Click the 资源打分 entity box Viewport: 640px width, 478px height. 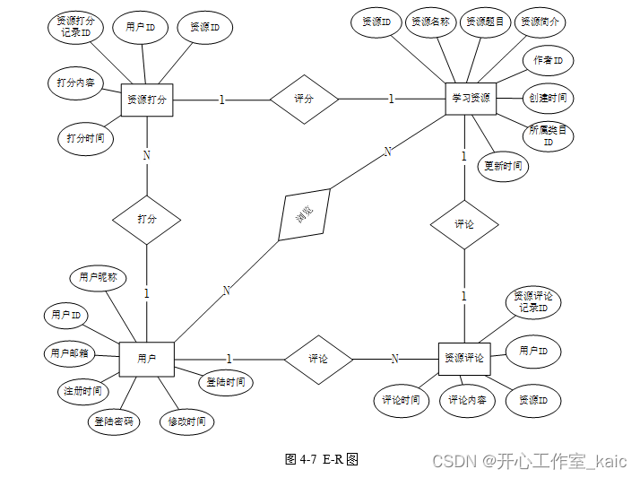(x=146, y=100)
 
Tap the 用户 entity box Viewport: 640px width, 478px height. (x=146, y=359)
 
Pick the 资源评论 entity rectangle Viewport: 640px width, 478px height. (x=464, y=358)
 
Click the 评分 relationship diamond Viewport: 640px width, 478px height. (x=305, y=99)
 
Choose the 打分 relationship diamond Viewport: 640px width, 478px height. (x=146, y=219)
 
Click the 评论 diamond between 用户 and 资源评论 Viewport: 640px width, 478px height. (x=318, y=359)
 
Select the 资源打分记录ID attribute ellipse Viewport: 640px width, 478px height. (x=75, y=28)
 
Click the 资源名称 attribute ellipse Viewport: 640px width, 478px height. (x=430, y=22)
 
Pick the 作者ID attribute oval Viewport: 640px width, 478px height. (x=548, y=61)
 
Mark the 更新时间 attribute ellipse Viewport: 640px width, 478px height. (x=502, y=166)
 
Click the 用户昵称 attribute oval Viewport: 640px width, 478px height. (x=98, y=278)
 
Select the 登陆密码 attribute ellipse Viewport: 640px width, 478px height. (x=115, y=422)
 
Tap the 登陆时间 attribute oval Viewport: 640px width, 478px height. (x=225, y=383)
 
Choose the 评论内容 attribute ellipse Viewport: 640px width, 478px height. (x=467, y=400)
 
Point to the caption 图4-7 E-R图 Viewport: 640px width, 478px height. (x=321, y=458)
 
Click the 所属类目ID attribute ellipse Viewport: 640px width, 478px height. (x=548, y=135)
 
